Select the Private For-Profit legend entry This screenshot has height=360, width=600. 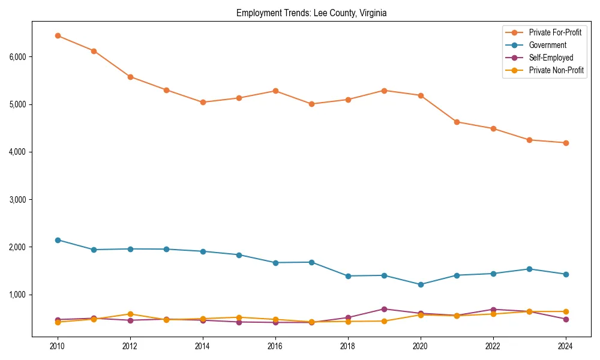coord(555,32)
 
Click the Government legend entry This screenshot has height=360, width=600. coord(547,45)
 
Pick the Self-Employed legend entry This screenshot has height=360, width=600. coord(551,58)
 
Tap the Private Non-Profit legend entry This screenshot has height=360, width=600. coord(556,70)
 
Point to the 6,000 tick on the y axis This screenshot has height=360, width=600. coord(17,57)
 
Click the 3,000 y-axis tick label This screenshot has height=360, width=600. coord(17,200)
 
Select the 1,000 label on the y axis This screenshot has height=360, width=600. coord(17,295)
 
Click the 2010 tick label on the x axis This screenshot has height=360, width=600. coord(58,346)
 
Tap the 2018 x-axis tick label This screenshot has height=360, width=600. coord(348,346)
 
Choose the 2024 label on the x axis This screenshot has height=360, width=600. coord(565,346)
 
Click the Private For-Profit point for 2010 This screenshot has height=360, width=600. coord(58,35)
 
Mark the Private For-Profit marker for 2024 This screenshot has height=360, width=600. coord(565,143)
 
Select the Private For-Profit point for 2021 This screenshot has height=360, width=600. coord(457,122)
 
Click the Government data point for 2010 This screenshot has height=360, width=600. coord(58,240)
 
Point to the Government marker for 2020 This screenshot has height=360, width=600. coord(421,284)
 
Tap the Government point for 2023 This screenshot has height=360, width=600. coord(529,269)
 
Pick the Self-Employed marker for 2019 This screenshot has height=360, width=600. coord(384,309)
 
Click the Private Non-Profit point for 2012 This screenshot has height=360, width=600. coord(130,314)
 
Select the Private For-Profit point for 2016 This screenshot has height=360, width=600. coord(275,91)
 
